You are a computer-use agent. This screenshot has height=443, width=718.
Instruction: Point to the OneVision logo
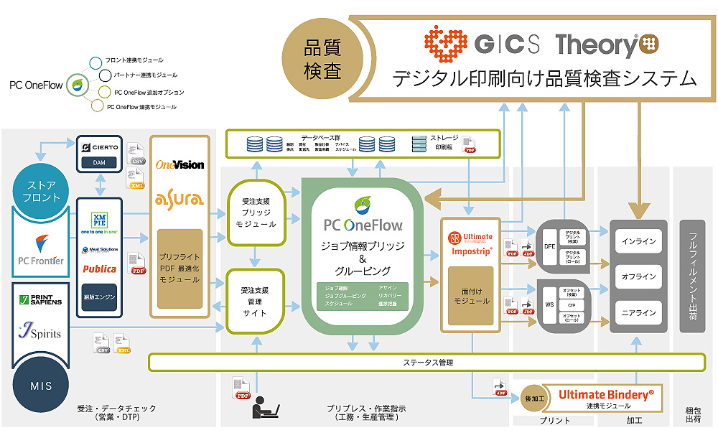point(180,164)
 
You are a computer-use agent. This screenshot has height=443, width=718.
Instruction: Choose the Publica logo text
point(99,269)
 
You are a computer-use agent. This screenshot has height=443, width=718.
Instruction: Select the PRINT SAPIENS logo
point(40,298)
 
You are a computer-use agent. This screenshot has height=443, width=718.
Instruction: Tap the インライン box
point(638,241)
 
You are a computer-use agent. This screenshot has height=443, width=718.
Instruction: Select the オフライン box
point(638,276)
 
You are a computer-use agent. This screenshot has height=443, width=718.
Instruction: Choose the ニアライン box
point(638,312)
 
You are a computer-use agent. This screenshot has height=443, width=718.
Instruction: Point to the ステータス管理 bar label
point(428,363)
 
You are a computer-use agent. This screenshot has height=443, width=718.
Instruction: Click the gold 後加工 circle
point(534,399)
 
